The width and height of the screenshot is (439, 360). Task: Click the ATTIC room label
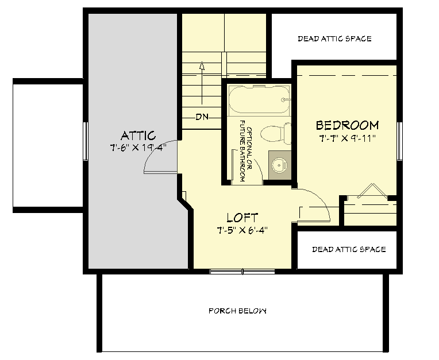tap(138, 136)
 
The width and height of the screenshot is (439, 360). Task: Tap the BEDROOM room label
tap(347, 125)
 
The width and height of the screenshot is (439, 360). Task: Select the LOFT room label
tap(242, 218)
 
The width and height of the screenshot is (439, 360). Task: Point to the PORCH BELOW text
tap(237, 311)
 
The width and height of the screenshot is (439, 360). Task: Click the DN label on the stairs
tap(201, 117)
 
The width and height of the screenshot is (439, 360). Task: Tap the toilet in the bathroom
tap(272, 134)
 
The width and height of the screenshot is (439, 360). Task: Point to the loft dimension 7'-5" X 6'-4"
tap(242, 230)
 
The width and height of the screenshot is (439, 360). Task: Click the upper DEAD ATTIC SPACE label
tap(334, 39)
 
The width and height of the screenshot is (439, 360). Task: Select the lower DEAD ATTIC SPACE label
tap(349, 249)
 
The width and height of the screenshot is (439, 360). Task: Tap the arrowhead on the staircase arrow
tap(202, 65)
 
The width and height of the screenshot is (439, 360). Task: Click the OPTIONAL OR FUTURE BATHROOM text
tap(242, 151)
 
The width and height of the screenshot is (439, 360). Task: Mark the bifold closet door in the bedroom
tap(368, 191)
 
